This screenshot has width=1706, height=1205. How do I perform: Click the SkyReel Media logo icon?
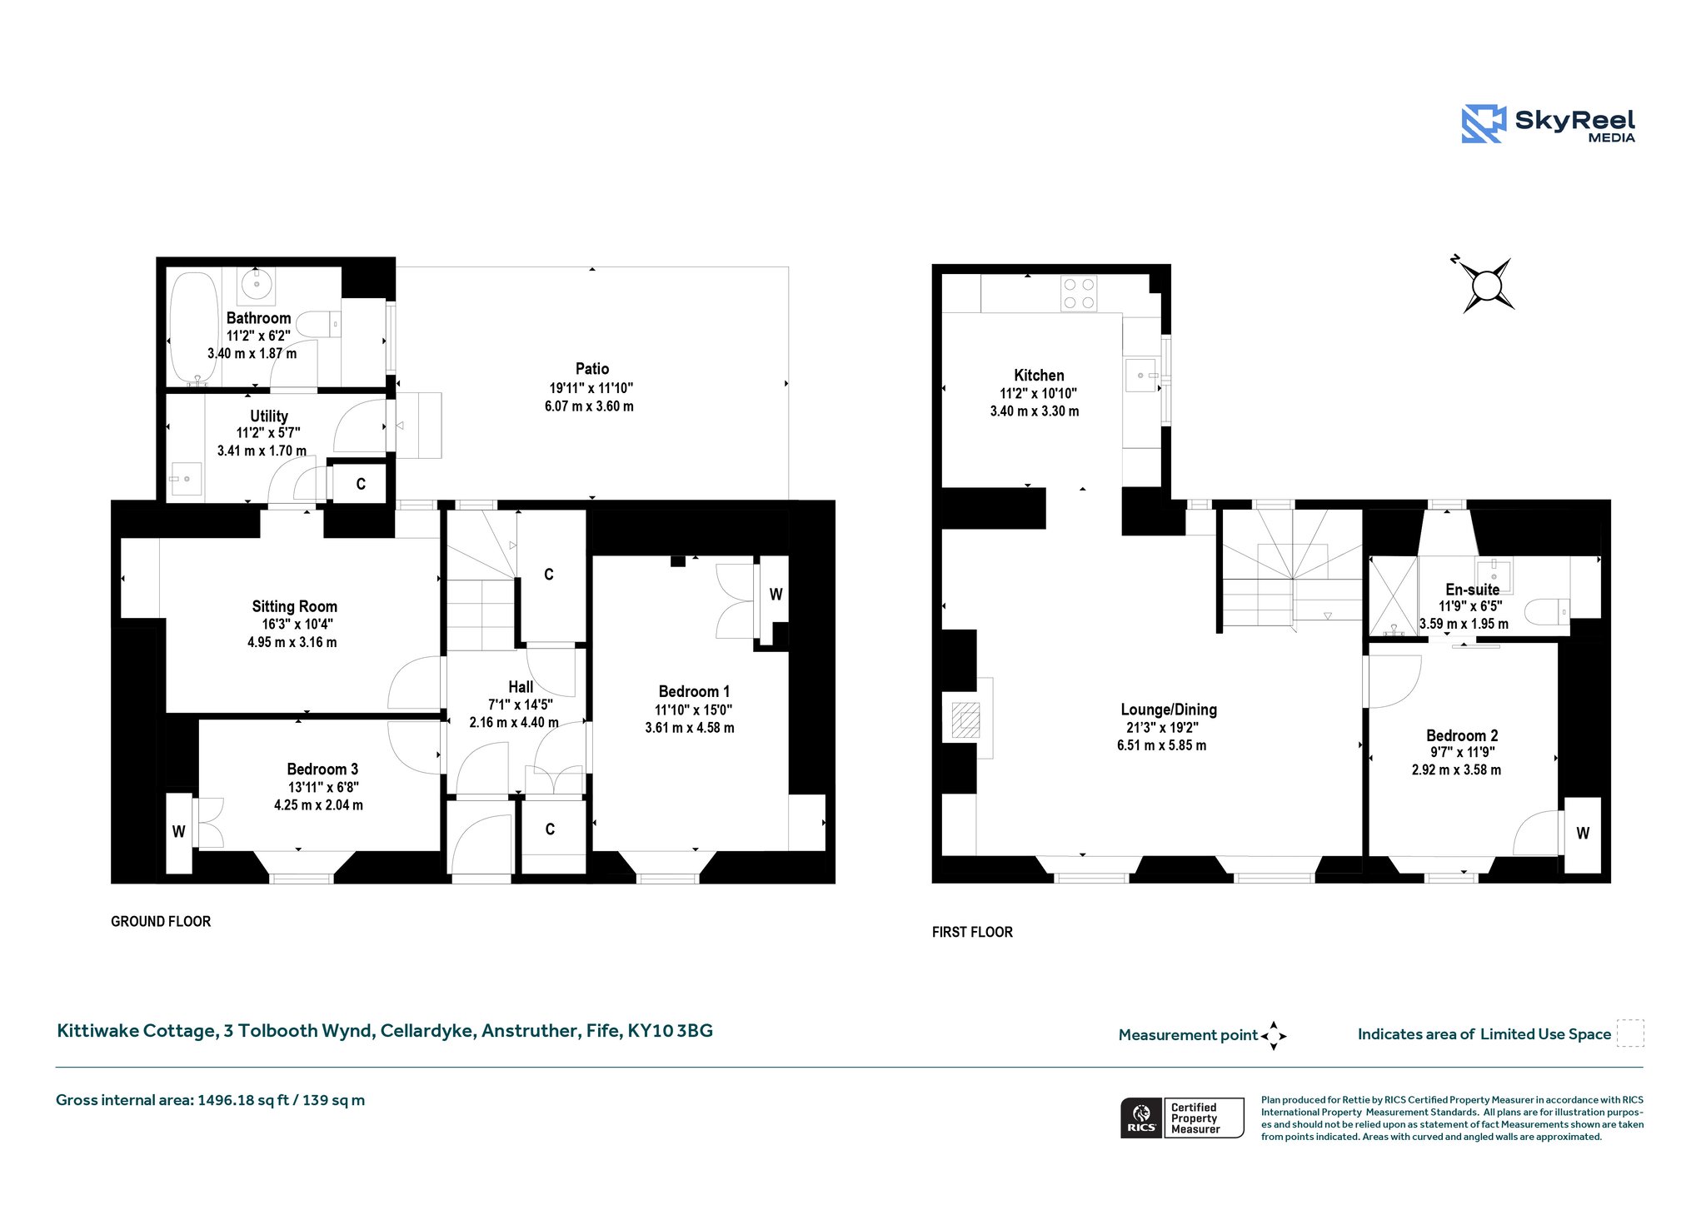coord(1484,124)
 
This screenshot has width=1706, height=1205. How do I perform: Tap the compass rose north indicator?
coord(1485,286)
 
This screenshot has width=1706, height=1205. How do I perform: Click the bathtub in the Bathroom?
coord(194,328)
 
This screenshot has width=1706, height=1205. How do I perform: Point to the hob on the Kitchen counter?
coord(1080,294)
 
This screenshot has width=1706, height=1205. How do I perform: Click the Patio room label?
coord(592,369)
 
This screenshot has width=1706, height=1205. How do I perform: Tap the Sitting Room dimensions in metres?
coord(292,642)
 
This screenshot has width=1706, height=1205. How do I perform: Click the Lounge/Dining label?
coord(1169,710)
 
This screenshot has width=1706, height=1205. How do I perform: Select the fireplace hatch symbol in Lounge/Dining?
coord(965,720)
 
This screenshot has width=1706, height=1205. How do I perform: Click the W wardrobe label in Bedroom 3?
coord(178,831)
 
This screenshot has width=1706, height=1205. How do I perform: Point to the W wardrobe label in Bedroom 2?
coord(1583,833)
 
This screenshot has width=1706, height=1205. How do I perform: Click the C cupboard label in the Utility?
coord(361,484)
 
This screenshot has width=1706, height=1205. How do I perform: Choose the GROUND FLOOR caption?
coord(161,921)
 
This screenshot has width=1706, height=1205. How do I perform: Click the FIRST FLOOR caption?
coord(972,932)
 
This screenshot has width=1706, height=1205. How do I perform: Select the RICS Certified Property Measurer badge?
coord(1182,1118)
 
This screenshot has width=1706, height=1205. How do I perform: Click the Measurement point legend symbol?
coord(1274,1036)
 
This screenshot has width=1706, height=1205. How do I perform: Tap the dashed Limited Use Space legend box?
coord(1630,1033)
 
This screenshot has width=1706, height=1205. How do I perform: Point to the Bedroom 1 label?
coord(694,691)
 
